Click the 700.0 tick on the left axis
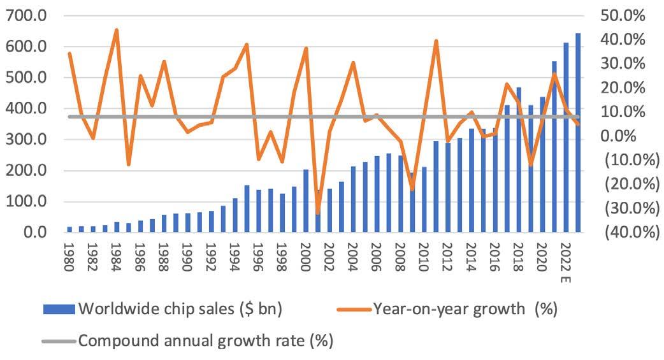24,16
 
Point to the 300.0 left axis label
24,140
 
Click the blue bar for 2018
518,159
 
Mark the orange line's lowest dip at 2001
317,212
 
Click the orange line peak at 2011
436,41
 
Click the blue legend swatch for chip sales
59,310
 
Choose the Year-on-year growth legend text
465,310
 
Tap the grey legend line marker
59,340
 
